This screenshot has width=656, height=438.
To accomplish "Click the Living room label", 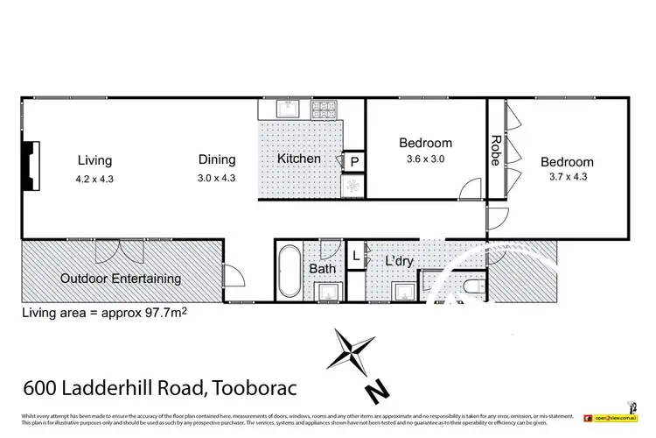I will click(x=94, y=159).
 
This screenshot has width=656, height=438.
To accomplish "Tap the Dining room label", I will click(x=216, y=159).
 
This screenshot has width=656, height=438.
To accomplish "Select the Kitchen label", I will click(x=299, y=159).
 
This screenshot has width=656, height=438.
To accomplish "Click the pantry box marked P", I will click(x=354, y=161).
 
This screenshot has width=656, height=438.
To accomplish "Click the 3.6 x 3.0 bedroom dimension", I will click(x=426, y=159).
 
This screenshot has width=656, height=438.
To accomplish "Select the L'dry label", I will click(x=399, y=261).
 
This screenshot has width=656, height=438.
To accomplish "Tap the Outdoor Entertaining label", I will click(x=121, y=279).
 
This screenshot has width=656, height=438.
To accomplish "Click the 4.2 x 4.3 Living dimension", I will click(x=94, y=179).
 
